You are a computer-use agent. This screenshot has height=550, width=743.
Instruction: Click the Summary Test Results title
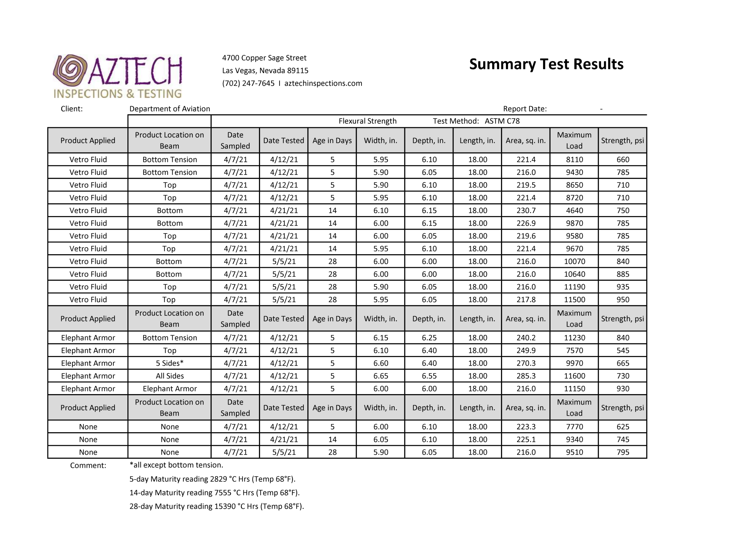[x=546, y=64]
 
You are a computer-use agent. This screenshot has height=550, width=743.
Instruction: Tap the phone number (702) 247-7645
[x=248, y=83]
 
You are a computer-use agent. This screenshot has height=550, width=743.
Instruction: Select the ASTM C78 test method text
[x=502, y=121]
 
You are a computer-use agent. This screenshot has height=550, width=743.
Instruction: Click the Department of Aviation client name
[x=170, y=109]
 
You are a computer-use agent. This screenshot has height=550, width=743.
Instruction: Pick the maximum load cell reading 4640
[x=574, y=211]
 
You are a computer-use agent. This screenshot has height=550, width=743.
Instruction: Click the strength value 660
[x=623, y=160]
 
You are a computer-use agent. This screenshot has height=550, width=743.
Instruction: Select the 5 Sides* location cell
[x=170, y=363]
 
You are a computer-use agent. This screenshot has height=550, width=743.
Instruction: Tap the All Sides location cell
[x=170, y=376]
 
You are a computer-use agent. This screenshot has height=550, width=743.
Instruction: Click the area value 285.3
[x=526, y=376]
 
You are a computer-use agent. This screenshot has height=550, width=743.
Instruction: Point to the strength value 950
[x=623, y=300]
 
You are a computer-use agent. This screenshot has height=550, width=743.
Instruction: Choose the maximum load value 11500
[x=574, y=300]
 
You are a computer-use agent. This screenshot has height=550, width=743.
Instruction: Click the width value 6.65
[x=381, y=376]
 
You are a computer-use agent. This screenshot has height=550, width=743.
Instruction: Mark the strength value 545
[x=623, y=351]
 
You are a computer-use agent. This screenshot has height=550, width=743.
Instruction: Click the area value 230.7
[x=526, y=211]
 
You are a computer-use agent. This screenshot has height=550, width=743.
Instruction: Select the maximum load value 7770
[x=574, y=427]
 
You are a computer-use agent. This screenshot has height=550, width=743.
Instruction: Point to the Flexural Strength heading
[x=367, y=121]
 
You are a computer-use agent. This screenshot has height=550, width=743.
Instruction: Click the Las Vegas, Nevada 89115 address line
[x=265, y=71]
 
